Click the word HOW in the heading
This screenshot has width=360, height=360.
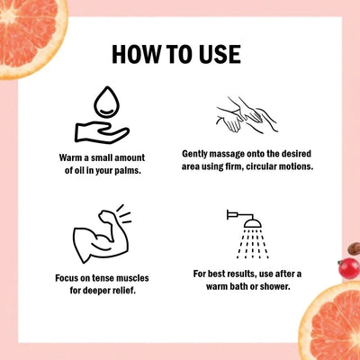(x=136, y=54)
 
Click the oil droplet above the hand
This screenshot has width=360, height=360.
(x=106, y=102)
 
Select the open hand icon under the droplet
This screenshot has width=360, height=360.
(x=102, y=132)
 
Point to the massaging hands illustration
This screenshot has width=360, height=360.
(x=247, y=114)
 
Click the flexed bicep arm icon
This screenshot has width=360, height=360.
(x=102, y=234)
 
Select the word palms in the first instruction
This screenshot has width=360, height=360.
(x=129, y=171)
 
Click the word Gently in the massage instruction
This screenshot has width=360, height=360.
(x=194, y=154)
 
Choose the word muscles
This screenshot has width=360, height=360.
(x=132, y=278)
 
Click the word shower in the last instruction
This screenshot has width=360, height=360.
(x=275, y=287)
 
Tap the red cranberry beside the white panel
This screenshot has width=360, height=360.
(x=348, y=268)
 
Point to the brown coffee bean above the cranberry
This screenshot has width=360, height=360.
(x=355, y=249)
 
